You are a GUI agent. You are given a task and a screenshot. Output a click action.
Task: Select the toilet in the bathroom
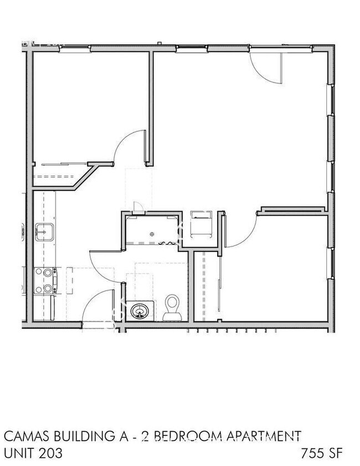[173, 308]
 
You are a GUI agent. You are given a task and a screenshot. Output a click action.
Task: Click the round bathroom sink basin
[139, 311]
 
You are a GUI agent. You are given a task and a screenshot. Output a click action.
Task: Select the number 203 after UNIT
[49, 453]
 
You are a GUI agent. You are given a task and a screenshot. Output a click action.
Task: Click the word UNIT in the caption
[17, 453]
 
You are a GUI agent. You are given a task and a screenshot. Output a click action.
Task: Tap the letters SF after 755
[336, 453]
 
